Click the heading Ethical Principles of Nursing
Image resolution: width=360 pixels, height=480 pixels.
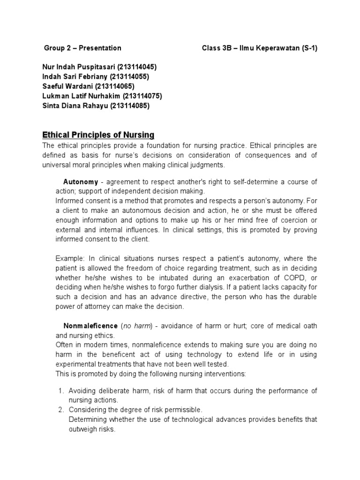[98, 135]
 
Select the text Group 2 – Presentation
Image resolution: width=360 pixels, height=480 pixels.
[82, 48]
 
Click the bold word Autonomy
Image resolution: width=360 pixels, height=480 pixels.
[80, 182]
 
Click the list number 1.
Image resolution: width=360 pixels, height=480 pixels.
[61, 390]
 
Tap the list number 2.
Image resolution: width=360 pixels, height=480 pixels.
[61, 410]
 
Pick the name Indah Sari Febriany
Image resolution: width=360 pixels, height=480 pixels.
[75, 76]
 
